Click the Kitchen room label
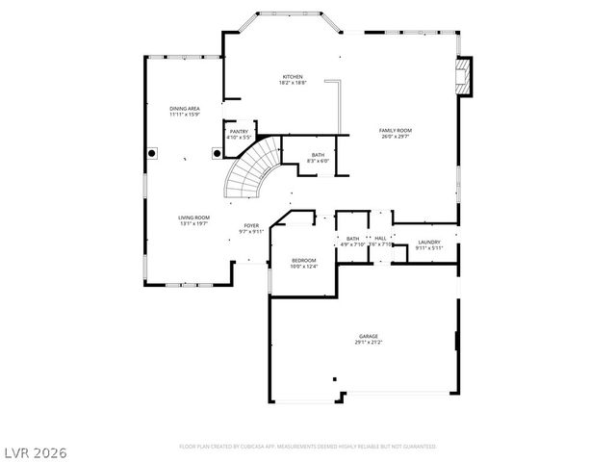pyautogui.click(x=293, y=77)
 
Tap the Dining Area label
pyautogui.click(x=185, y=109)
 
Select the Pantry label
pyautogui.click(x=239, y=131)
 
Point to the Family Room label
pyautogui.click(x=395, y=130)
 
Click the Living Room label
pyautogui.click(x=193, y=218)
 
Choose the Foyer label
pyautogui.click(x=250, y=225)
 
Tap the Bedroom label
pyautogui.click(x=304, y=260)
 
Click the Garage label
pyautogui.click(x=369, y=336)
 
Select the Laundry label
pyautogui.click(x=429, y=242)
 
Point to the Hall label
pyautogui.click(x=380, y=238)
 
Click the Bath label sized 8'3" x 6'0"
pyautogui.click(x=318, y=154)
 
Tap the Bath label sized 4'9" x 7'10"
pyautogui.click(x=352, y=238)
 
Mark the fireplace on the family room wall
pyautogui.click(x=465, y=77)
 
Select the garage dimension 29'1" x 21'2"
pyautogui.click(x=369, y=343)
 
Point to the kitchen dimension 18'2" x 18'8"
pyautogui.click(x=293, y=84)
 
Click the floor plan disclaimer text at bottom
pyautogui.click(x=308, y=447)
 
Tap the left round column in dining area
pyautogui.click(x=152, y=152)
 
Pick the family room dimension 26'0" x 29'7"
pyautogui.click(x=395, y=137)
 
